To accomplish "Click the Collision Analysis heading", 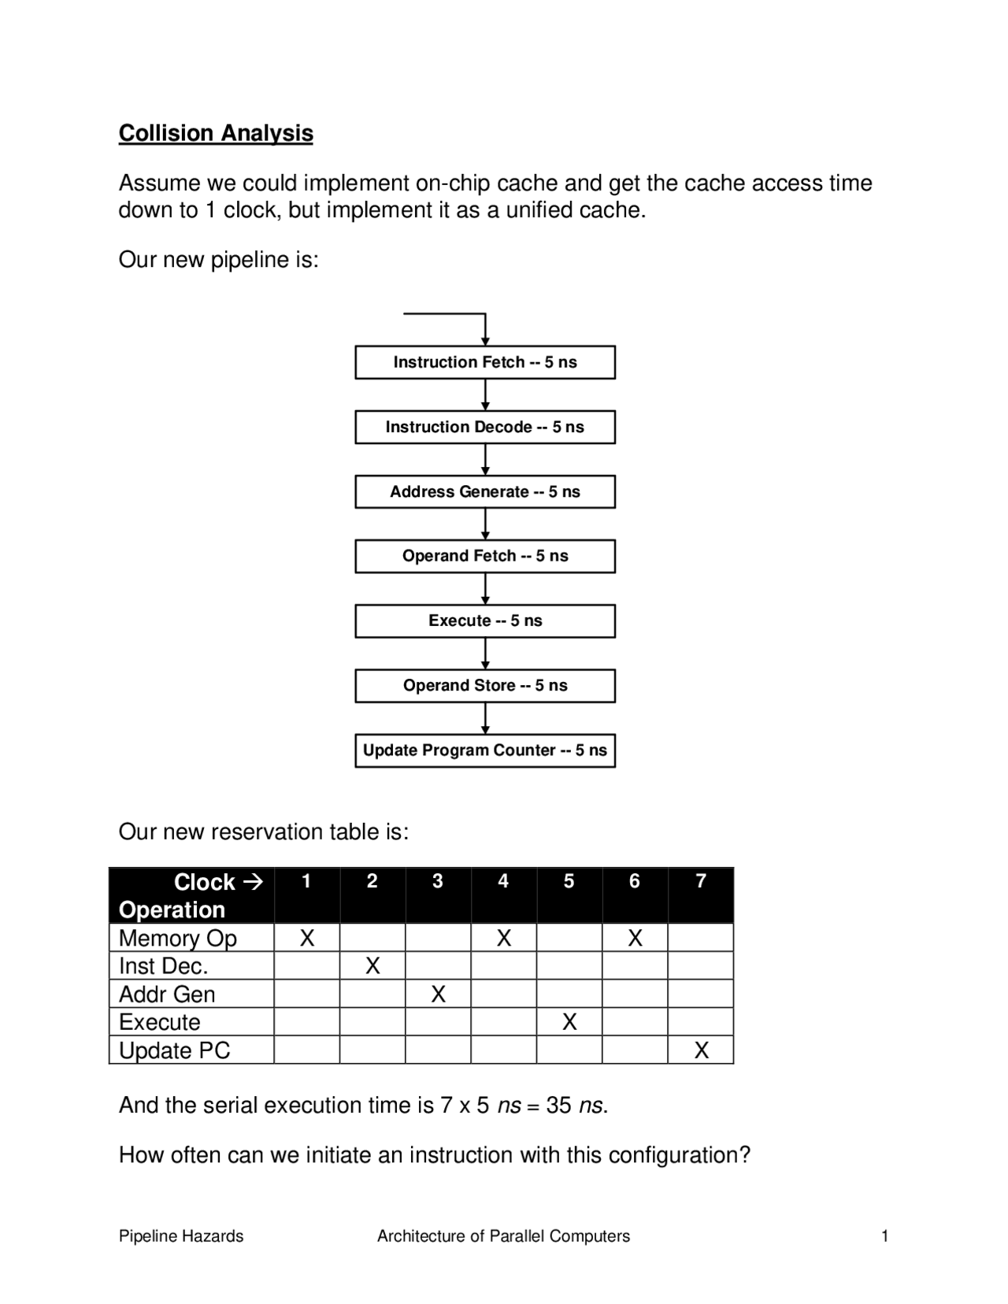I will click(216, 133).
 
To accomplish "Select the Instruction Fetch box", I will click(485, 362).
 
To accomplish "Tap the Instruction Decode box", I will click(485, 427).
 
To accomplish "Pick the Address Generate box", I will click(485, 491).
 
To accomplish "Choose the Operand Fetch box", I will click(485, 556).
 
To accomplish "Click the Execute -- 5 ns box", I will click(485, 621).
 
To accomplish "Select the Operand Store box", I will click(485, 685).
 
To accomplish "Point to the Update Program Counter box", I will click(485, 750).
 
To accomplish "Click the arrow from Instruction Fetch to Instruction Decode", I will click(485, 395).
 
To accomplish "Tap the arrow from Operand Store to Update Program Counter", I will click(485, 718).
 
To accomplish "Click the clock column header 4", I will click(503, 881).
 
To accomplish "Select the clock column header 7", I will click(701, 881).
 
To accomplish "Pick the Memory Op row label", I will click(178, 938).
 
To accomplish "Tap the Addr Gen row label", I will click(167, 995).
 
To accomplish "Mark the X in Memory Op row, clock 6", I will click(635, 938).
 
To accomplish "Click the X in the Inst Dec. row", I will click(372, 966).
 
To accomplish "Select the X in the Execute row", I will click(569, 1022).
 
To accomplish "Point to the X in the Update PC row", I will click(701, 1050).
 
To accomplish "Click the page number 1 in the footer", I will click(884, 1236).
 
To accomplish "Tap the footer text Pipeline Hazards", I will click(181, 1236).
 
